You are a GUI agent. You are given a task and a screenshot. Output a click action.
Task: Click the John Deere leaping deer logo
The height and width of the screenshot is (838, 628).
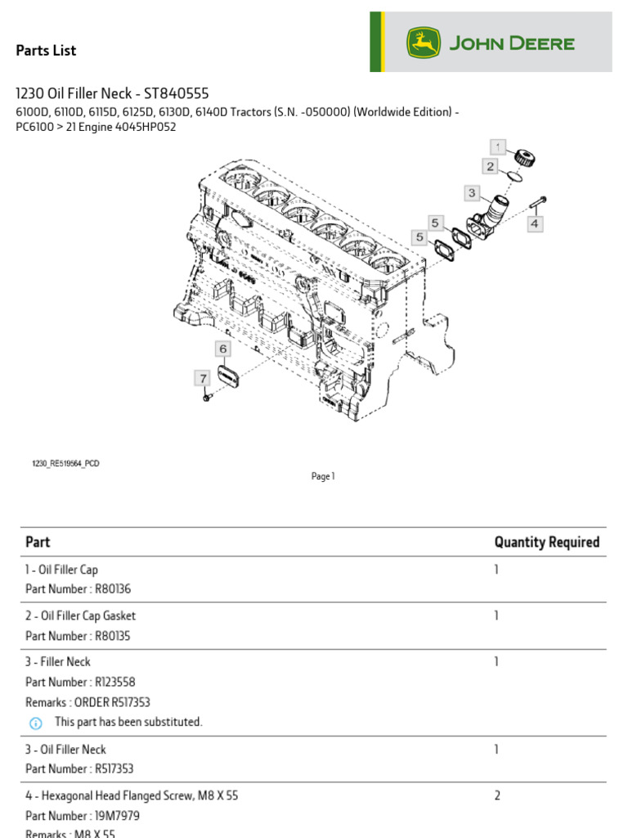coord(424,43)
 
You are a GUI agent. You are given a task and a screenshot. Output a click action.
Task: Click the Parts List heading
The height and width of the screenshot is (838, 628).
coord(46,51)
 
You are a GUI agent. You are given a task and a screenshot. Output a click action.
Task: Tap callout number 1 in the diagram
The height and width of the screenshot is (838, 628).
coord(498,146)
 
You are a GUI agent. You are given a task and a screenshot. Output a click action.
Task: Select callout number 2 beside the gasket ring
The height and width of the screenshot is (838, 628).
coord(490,166)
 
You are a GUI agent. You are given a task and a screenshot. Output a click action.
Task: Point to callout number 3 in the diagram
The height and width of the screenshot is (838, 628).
coord(472,193)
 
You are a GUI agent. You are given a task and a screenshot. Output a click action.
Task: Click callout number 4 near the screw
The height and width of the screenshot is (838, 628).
coord(535,223)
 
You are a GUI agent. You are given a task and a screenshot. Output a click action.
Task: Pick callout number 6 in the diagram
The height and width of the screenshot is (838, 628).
coord(222,349)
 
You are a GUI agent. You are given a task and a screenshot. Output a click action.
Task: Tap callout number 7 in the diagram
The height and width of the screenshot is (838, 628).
coord(202,378)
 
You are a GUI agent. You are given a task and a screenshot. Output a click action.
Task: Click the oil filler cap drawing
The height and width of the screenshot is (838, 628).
coord(521,155)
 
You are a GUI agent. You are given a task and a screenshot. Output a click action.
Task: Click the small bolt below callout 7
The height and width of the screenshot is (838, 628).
coord(207,397)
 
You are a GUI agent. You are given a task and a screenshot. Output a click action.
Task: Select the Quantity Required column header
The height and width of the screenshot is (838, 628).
coord(546,542)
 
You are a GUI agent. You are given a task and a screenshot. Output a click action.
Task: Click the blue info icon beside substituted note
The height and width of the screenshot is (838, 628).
coord(35,723)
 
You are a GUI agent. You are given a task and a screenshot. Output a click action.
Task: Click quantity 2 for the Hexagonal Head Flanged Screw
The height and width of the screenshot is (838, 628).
coord(496,795)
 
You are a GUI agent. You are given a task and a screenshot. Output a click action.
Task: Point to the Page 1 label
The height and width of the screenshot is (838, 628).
coord(323,476)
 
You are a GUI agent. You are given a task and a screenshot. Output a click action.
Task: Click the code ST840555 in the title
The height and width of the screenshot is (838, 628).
coord(182,93)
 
